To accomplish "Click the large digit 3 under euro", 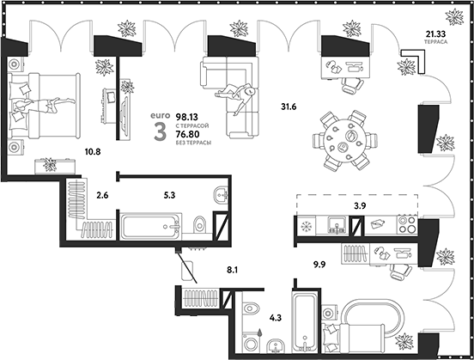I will coord(158,131).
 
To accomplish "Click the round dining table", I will coord(344,139).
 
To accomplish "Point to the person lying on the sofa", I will coord(237,94).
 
